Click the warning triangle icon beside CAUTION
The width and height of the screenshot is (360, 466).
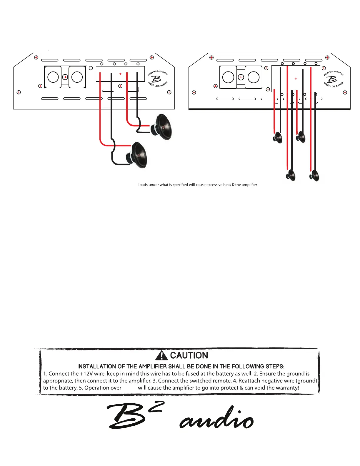coord(161,356)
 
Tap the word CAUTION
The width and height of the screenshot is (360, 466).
coord(189,355)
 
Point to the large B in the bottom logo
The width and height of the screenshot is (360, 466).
coord(126,416)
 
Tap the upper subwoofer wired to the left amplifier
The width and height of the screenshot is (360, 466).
coord(162,127)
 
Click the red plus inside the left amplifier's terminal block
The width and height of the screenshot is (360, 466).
coord(120,74)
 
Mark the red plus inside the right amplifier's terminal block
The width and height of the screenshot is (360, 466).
coord(296,79)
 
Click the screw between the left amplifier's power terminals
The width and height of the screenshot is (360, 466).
coord(66,77)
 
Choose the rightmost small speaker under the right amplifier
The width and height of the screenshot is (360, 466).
coord(314,176)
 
